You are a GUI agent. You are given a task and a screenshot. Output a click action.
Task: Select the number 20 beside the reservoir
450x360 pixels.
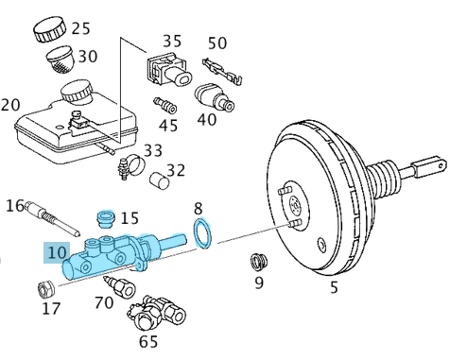pos(10,104)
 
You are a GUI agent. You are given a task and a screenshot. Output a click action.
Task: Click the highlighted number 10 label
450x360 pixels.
pos(56,252)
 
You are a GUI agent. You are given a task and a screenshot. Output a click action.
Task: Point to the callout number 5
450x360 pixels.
pos(333,288)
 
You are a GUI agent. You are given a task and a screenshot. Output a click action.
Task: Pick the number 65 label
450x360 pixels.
pos(148,341)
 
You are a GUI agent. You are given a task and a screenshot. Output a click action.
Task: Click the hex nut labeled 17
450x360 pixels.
pos(43,288)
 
